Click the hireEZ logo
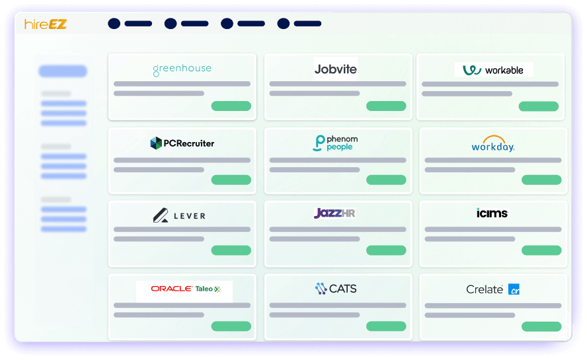tap(46, 24)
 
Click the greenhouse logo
tap(182, 69)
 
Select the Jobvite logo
tap(335, 69)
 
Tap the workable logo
tap(493, 70)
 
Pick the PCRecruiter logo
tap(182, 143)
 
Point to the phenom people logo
tap(335, 143)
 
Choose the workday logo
tap(493, 144)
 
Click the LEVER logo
tap(179, 215)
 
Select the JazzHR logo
tap(334, 213)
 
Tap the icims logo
tap(492, 213)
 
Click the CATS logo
tap(336, 289)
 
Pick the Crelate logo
tap(492, 289)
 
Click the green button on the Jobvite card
tap(386, 106)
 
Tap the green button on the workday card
tap(541, 180)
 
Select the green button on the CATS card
tap(386, 326)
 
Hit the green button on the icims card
tap(541, 250)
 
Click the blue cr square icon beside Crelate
tap(514, 289)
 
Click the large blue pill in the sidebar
tap(63, 71)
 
